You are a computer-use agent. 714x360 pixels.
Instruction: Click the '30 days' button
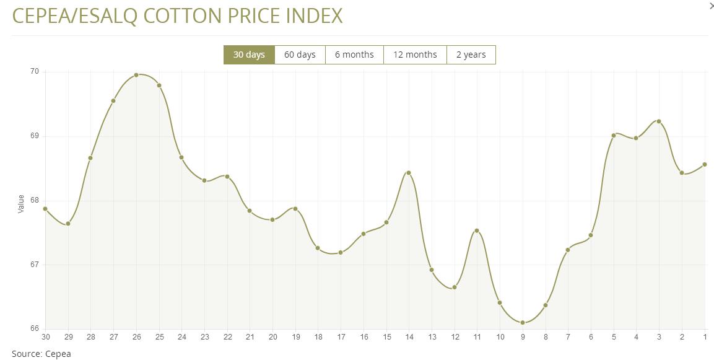point(249,55)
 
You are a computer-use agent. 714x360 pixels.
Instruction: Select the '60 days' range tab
point(300,55)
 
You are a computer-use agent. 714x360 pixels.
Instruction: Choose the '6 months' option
point(354,55)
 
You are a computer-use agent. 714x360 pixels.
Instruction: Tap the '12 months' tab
point(415,55)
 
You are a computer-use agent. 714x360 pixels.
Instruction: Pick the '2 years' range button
point(471,55)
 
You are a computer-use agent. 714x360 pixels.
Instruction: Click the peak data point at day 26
point(136,75)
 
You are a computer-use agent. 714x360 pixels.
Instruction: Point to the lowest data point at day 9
point(523,323)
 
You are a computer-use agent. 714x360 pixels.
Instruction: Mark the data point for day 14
point(409,173)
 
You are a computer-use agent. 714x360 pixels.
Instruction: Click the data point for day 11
point(477,230)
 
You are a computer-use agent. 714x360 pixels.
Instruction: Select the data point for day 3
point(659,121)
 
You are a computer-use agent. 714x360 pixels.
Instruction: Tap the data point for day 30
point(45,209)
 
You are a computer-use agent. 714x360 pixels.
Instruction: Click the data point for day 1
point(705,164)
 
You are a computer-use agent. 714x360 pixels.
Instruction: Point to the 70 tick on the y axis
point(34,72)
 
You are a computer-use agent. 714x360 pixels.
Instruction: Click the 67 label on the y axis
point(34,265)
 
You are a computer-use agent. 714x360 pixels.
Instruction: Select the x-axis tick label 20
point(272,337)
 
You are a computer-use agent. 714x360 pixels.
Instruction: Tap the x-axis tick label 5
point(614,337)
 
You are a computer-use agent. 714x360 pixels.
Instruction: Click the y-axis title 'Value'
point(21,204)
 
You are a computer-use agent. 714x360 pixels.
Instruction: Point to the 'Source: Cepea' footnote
point(41,354)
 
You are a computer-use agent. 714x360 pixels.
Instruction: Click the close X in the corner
point(711,6)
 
